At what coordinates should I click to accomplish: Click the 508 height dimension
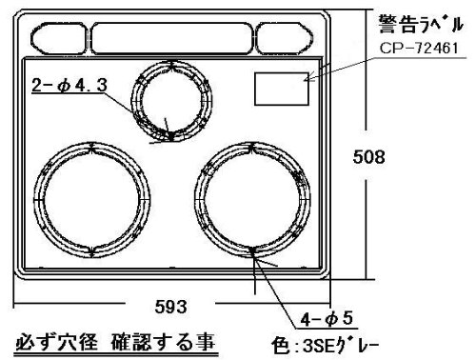(368, 157)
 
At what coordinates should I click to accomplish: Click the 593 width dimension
(170, 307)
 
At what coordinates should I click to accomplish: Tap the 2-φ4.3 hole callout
(69, 85)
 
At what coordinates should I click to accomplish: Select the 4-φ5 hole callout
(327, 319)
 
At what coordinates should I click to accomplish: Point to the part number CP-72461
(419, 49)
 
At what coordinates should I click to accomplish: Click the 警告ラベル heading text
(421, 24)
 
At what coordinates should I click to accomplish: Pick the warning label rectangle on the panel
(282, 89)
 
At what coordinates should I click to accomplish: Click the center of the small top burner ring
(171, 101)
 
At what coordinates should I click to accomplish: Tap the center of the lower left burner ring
(91, 199)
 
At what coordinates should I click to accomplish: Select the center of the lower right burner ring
(252, 199)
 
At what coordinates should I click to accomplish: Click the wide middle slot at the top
(171, 38)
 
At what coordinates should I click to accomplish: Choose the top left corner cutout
(59, 38)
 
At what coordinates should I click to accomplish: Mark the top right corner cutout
(285, 38)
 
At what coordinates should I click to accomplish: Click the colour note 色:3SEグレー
(325, 346)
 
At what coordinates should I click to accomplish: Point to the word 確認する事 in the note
(163, 343)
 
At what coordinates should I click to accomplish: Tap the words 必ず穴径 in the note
(56, 343)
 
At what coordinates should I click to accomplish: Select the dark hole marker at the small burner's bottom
(171, 136)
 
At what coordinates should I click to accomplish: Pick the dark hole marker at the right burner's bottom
(253, 252)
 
